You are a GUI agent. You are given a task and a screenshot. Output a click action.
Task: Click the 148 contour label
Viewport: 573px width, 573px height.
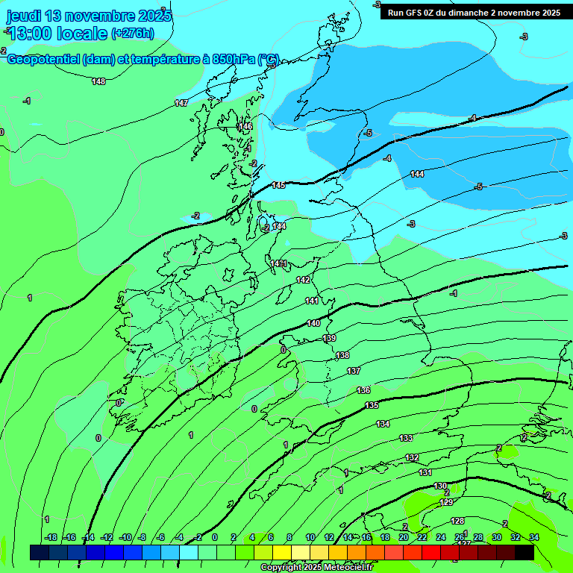98,81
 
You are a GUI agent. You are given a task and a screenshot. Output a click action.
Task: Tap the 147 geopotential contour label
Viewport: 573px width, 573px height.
181,103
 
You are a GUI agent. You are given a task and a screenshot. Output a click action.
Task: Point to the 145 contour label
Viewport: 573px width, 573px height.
278,185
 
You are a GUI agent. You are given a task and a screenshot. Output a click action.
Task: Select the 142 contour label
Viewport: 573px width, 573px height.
303,280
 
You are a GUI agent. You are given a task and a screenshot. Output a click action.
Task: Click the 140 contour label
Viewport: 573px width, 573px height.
313,323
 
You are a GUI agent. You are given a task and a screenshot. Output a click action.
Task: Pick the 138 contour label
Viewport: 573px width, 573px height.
342,355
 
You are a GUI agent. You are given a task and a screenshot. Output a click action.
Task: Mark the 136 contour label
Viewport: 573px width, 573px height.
363,390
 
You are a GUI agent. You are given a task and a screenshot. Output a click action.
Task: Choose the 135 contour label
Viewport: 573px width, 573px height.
372,405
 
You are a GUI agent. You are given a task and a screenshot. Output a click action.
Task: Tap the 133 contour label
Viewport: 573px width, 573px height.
406,438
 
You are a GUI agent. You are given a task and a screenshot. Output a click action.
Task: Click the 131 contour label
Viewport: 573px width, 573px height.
425,472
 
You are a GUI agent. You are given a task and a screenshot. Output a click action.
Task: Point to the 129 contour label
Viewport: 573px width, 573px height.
446,502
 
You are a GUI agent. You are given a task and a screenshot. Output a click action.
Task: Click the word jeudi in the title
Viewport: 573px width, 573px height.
25,16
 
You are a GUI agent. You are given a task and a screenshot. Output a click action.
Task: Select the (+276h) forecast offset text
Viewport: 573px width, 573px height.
132,33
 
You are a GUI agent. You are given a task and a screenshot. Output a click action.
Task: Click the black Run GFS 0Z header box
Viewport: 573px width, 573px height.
474,12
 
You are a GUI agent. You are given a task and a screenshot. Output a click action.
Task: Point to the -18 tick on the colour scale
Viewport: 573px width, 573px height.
51,537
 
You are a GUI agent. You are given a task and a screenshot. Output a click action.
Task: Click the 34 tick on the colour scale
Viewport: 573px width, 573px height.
534,537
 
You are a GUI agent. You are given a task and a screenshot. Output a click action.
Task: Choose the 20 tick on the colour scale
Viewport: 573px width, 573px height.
404,537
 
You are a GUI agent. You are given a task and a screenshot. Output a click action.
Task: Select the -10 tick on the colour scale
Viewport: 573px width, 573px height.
126,537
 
